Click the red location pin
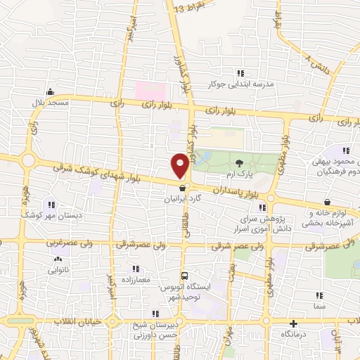(181, 165)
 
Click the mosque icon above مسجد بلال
(49, 92)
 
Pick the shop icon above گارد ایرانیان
(182, 188)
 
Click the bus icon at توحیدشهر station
(184, 276)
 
